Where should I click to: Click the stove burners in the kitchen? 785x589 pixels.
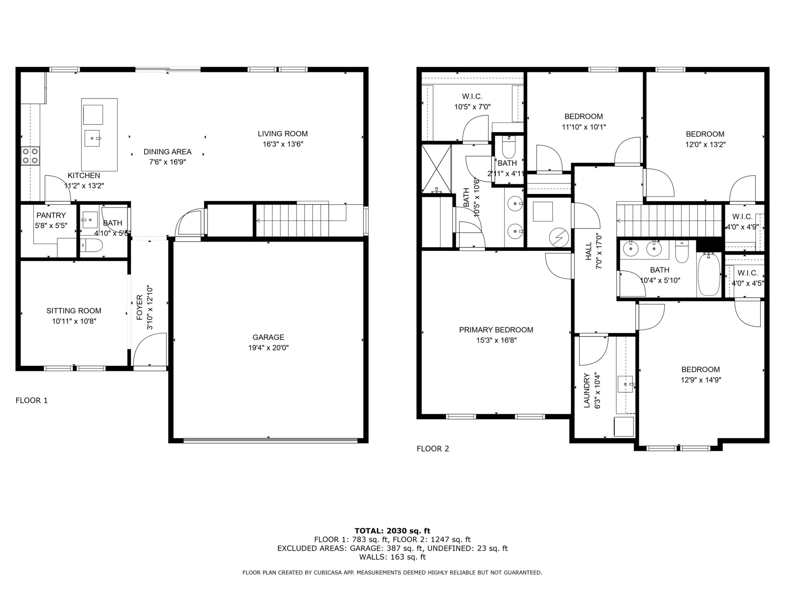pyautogui.click(x=30, y=156)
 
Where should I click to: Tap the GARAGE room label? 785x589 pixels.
pyautogui.click(x=268, y=337)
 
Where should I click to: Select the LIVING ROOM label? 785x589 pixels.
pyautogui.click(x=282, y=134)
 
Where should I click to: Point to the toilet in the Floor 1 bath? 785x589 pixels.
pyautogui.click(x=92, y=245)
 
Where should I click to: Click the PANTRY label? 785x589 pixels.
pyautogui.click(x=51, y=216)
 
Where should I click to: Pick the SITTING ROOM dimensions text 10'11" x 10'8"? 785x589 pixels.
pyautogui.click(x=74, y=321)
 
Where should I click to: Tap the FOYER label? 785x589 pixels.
pyautogui.click(x=139, y=307)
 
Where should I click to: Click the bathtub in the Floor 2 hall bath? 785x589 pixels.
pyautogui.click(x=709, y=274)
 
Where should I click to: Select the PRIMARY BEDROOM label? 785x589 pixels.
pyautogui.click(x=496, y=330)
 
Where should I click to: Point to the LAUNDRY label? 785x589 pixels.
pyautogui.click(x=587, y=390)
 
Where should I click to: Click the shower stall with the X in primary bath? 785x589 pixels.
pyautogui.click(x=436, y=169)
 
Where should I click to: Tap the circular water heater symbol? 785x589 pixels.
pyautogui.click(x=559, y=238)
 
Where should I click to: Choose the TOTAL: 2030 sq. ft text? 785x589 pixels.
pyautogui.click(x=392, y=531)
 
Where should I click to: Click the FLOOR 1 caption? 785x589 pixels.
pyautogui.click(x=31, y=401)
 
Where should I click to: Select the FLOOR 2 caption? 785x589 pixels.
pyautogui.click(x=433, y=449)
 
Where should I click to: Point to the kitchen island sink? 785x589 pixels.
pyautogui.click(x=93, y=138)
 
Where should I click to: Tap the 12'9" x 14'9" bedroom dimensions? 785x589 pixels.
pyautogui.click(x=701, y=380)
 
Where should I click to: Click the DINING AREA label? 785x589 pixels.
pyautogui.click(x=168, y=152)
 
